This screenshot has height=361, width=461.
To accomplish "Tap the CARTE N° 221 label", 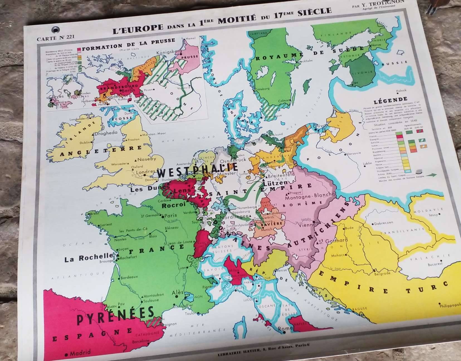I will pos(56,38).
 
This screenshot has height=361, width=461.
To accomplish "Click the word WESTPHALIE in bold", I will pos(197,170).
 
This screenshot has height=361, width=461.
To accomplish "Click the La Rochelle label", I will pos(89,258).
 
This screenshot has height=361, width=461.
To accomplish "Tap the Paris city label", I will pos(171,215).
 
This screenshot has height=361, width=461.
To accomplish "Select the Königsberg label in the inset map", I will pos(169,52).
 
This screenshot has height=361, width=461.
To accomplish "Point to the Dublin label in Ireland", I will pos(85,143).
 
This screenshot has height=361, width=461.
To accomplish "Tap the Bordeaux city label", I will pos(129,277).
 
